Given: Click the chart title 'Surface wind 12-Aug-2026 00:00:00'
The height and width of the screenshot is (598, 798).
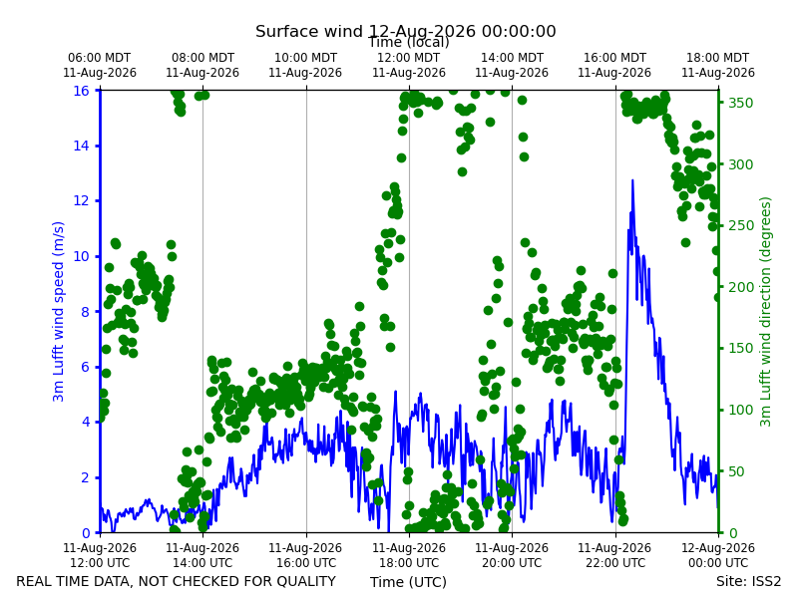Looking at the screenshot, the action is [406, 32].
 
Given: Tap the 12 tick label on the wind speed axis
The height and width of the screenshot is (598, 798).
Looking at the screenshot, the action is [81, 201].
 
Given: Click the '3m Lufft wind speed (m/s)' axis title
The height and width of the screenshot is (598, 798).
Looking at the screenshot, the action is [58, 311].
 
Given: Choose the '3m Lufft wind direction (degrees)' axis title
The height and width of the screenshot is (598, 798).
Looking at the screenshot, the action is [765, 312].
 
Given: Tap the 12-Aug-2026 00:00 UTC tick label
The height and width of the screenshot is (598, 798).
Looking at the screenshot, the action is [718, 555].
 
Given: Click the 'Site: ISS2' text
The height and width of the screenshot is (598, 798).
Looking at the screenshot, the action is [748, 581].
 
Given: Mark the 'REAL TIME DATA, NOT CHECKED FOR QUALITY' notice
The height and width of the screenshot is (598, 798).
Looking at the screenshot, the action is [177, 581].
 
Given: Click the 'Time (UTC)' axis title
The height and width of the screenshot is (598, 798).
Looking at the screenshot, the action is [408, 582].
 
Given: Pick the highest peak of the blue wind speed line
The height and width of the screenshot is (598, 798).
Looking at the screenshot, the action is [632, 180].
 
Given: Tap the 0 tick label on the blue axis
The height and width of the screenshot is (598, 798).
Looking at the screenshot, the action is [86, 533].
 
